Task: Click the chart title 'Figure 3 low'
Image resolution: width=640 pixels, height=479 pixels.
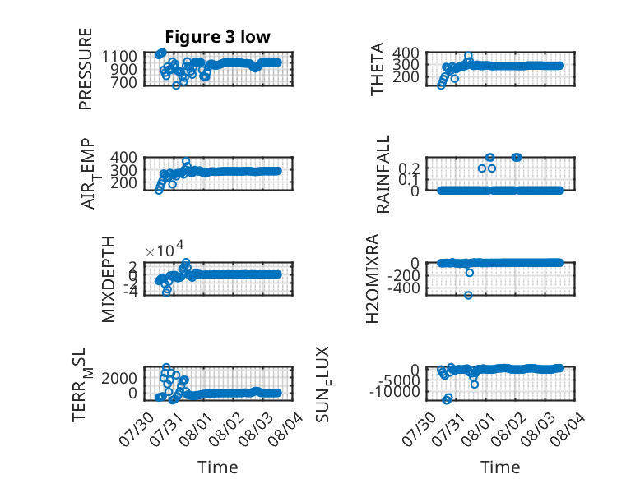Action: click(x=217, y=37)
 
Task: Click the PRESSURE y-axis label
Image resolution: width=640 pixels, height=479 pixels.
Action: click(x=86, y=69)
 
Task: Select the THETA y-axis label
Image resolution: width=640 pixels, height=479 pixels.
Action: click(x=377, y=69)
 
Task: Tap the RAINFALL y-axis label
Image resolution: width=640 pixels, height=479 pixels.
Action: click(x=383, y=174)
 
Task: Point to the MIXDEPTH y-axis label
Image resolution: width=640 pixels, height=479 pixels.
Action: click(x=108, y=279)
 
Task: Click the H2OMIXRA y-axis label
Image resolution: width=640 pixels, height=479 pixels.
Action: click(x=373, y=279)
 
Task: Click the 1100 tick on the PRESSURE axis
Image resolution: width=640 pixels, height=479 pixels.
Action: click(x=119, y=56)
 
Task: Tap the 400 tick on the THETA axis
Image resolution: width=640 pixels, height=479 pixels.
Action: click(x=406, y=53)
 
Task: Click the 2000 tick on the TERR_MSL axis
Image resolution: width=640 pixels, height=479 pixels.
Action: click(x=119, y=378)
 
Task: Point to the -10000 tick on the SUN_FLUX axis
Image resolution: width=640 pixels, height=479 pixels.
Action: click(x=394, y=392)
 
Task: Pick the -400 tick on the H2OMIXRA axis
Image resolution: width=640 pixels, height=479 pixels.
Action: click(x=403, y=288)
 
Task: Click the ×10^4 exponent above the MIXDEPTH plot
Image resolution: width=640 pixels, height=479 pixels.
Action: click(x=165, y=250)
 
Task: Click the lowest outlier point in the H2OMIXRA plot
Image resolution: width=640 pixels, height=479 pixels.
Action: click(x=468, y=295)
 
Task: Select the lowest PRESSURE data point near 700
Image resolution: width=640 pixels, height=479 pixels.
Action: click(x=176, y=85)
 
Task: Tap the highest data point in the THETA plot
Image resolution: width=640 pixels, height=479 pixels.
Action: click(x=468, y=55)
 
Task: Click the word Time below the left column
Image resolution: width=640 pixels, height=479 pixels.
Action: click(x=217, y=467)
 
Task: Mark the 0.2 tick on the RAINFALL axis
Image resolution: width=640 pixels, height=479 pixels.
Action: click(x=409, y=168)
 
